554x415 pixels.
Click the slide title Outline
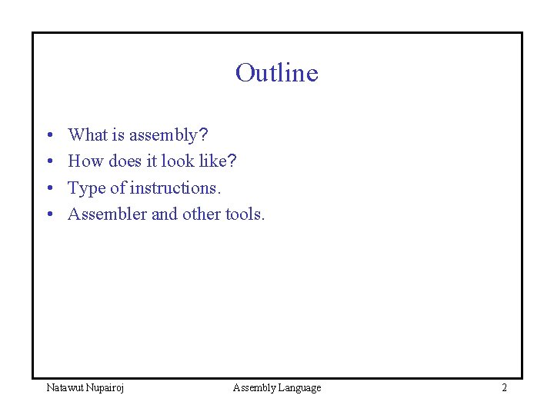pos(276,72)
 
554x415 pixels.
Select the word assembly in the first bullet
pos(163,136)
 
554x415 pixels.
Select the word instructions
pos(175,188)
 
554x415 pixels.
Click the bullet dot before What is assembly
pos(48,136)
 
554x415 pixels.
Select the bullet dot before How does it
pos(48,162)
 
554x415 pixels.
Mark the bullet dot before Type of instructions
pos(48,188)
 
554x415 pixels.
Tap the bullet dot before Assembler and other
pos(48,214)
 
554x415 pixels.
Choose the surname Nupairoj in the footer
pos(106,388)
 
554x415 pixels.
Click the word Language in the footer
pos(298,388)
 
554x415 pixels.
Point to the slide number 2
pos(504,387)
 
